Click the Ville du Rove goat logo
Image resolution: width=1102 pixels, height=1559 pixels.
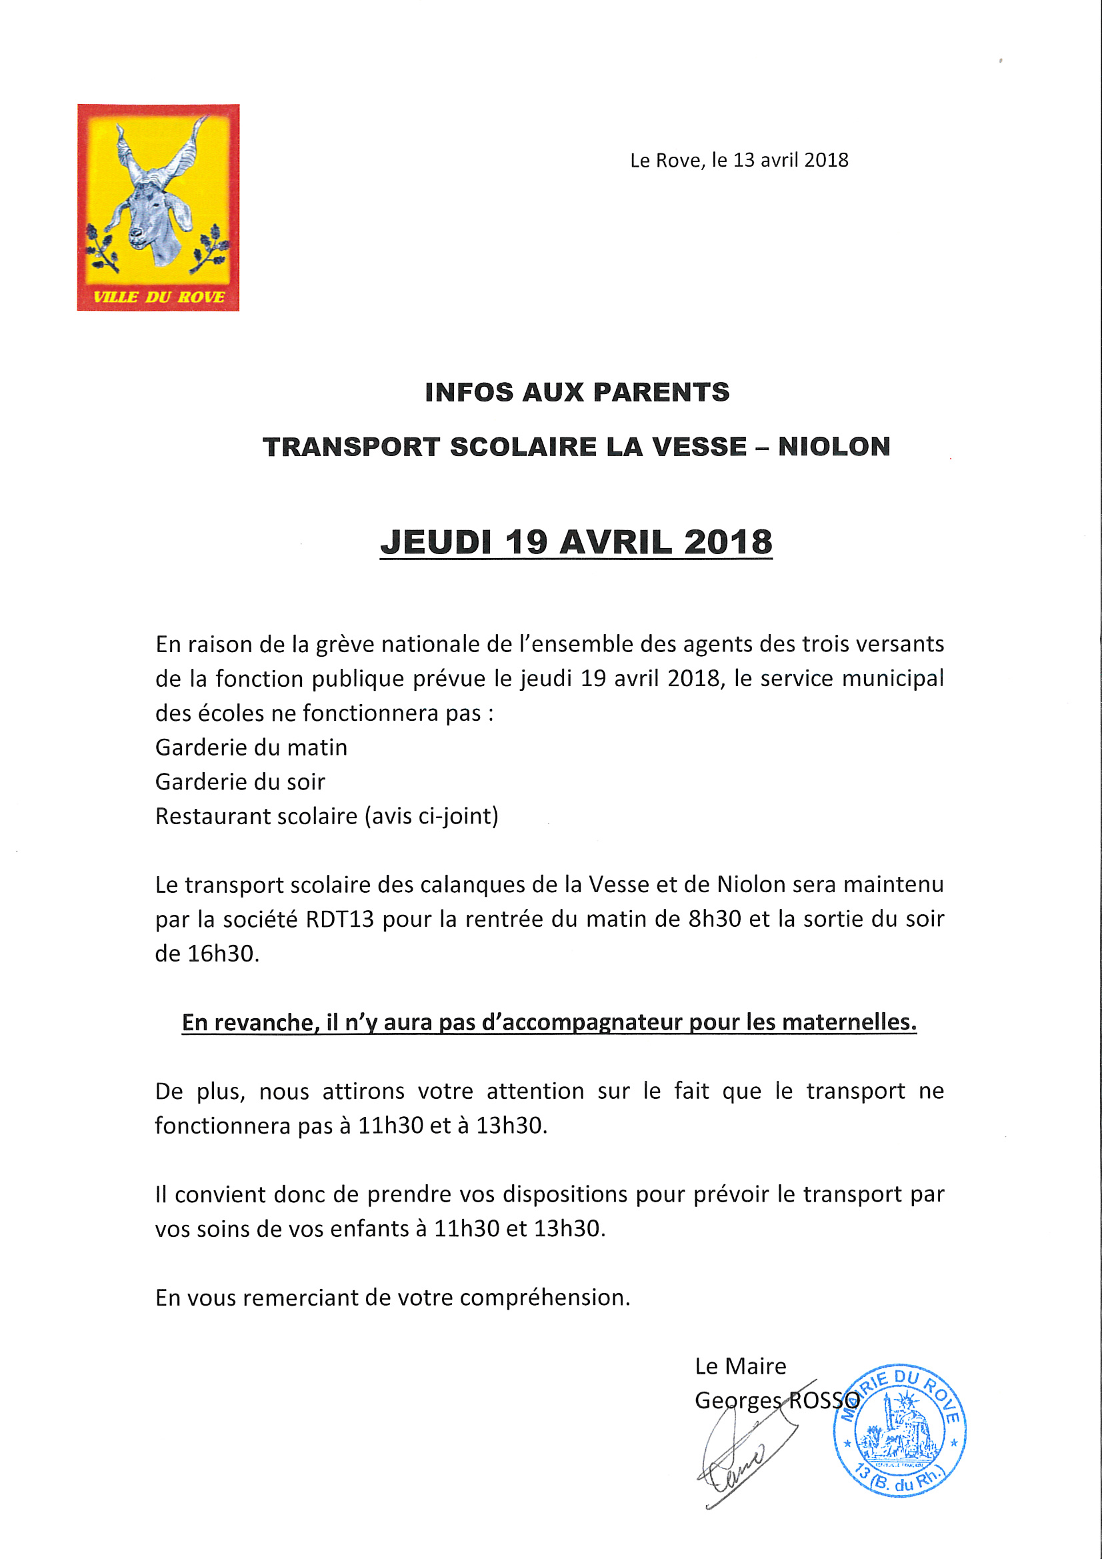point(157,197)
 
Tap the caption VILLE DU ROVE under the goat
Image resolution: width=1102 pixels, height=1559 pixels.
point(158,297)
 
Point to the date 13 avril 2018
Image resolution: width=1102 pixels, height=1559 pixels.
point(791,160)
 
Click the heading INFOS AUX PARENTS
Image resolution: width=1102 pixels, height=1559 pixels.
point(577,393)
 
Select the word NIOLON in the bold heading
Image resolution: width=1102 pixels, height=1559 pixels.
point(834,447)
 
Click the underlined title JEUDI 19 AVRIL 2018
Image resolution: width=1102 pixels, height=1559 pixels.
point(576,543)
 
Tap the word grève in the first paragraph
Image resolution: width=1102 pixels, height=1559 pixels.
point(344,644)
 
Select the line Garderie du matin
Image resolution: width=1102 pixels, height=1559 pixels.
point(251,747)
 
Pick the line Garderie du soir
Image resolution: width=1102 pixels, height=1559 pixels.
point(241,782)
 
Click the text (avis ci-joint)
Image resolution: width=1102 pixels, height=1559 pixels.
point(431,816)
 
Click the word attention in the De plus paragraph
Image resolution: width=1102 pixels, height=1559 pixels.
point(535,1091)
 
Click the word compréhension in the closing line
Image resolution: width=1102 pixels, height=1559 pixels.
point(545,1298)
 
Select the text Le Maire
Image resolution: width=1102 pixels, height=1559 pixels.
point(740,1366)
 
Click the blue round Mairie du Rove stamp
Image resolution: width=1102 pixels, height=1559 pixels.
point(899,1430)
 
